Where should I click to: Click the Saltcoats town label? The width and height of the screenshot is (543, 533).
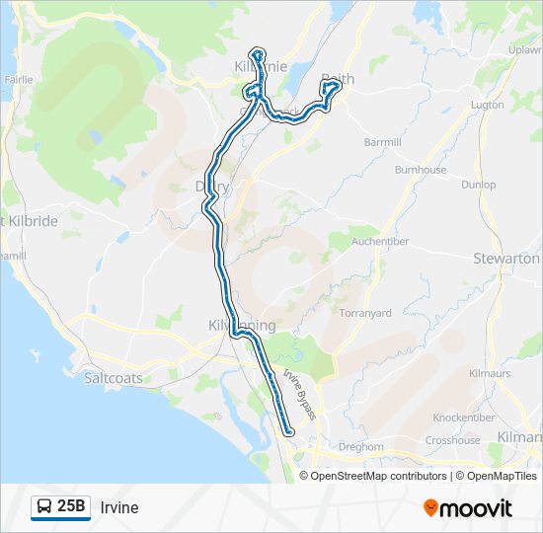(x=112, y=378)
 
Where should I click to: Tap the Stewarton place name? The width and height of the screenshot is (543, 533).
(x=520, y=259)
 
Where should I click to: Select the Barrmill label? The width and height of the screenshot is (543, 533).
(x=383, y=142)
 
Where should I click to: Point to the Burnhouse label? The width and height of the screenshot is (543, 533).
(x=421, y=170)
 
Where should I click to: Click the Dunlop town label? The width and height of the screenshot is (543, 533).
(x=478, y=185)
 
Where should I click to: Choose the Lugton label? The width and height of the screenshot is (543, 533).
(x=488, y=105)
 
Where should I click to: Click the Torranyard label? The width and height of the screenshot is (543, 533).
(x=366, y=313)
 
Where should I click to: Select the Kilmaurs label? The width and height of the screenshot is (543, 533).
(x=490, y=375)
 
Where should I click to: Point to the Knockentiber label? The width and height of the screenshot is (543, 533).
(x=464, y=418)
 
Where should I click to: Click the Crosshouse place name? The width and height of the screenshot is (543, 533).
(x=452, y=440)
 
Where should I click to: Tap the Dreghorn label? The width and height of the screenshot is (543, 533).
(x=360, y=446)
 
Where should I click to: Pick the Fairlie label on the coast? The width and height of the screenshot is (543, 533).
(x=19, y=79)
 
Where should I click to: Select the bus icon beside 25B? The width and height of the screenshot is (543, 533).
(x=45, y=507)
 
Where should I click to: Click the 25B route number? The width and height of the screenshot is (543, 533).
(x=71, y=507)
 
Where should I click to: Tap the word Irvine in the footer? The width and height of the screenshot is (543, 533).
(x=119, y=508)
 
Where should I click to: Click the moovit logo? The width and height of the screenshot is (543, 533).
(x=468, y=508)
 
